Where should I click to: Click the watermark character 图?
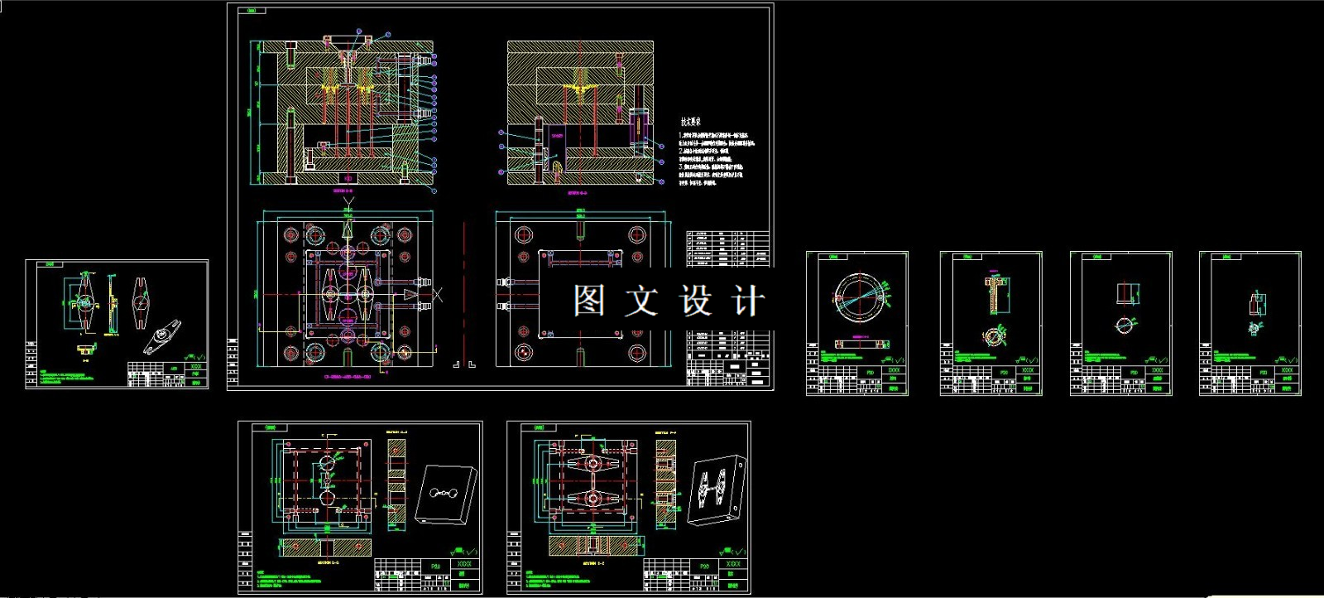click(x=588, y=301)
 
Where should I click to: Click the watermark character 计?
click(x=747, y=301)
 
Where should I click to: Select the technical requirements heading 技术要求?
click(x=689, y=122)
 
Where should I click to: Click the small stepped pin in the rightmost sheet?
click(x=1256, y=303)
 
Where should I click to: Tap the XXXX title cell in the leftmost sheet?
click(x=196, y=366)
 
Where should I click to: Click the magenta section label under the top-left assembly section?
click(x=343, y=190)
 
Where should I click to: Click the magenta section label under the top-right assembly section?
click(x=578, y=192)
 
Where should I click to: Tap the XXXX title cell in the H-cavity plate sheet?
click(x=732, y=564)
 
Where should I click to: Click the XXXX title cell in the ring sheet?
click(x=894, y=370)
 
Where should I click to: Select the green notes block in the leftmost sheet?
click(x=79, y=377)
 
